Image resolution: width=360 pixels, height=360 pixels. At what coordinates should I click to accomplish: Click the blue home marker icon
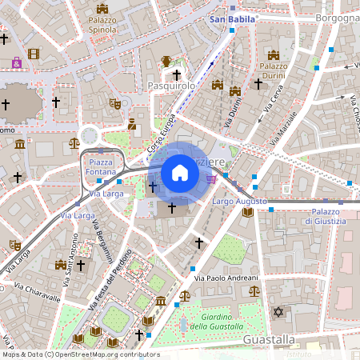click(180, 173)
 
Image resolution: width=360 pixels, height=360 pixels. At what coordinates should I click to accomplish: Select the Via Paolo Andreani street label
click(225, 278)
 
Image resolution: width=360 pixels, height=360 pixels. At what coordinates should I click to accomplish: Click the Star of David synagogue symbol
click(278, 311)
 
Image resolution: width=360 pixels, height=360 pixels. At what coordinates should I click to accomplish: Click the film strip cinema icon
click(33, 54)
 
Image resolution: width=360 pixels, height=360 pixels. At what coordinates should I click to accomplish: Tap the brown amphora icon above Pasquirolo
click(166, 62)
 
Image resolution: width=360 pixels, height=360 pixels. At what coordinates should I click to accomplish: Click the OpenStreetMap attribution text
click(80, 354)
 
